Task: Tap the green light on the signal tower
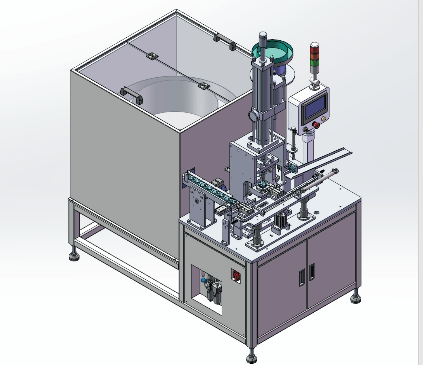coord(315,63)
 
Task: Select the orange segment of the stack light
coord(315,57)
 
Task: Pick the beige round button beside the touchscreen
coord(323,119)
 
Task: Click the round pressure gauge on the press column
coord(253,116)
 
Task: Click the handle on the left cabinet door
coord(302,277)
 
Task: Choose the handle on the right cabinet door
coord(312,272)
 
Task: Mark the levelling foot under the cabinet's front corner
coord(252,358)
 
